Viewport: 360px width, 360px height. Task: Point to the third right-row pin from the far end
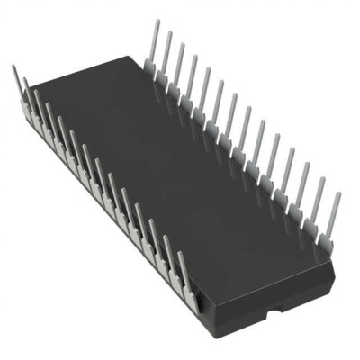(x=179, y=68)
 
